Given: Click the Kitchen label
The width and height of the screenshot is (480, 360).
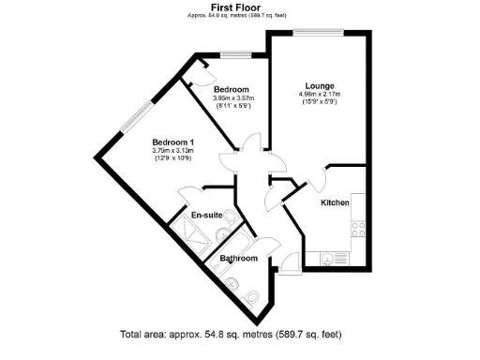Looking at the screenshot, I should [x=335, y=202].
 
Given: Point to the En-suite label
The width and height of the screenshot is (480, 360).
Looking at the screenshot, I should [x=206, y=216].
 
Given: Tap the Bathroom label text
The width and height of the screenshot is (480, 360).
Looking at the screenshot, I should [x=238, y=258].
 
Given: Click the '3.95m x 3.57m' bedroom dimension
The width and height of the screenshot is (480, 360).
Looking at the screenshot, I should [x=234, y=97].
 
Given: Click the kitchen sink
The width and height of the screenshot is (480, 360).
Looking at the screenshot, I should [x=327, y=257].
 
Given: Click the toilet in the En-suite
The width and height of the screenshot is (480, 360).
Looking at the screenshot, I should [x=224, y=235].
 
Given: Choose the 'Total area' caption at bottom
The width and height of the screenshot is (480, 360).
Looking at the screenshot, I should [x=231, y=335].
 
